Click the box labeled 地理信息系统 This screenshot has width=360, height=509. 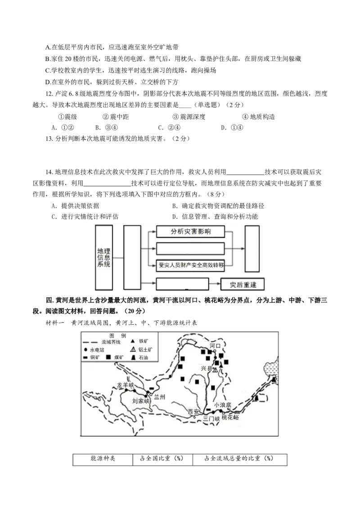tap(103, 257)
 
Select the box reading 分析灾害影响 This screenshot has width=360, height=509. tap(190, 232)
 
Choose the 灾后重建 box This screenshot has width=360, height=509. tap(243, 285)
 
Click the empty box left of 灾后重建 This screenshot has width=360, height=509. tap(182, 284)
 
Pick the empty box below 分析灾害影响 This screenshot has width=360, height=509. tap(190, 249)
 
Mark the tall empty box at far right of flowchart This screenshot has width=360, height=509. tap(252, 249)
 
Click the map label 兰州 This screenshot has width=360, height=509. tap(160, 397)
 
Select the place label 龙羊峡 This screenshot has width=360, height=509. tap(126, 385)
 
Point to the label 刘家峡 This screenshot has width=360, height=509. tap(140, 400)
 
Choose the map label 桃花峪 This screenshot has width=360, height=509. tap(230, 417)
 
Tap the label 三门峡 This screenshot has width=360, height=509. tap(211, 418)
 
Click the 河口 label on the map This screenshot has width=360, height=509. tap(216, 346)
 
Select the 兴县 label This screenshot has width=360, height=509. tap(206, 369)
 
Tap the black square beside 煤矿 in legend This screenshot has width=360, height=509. tap(108, 357)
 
